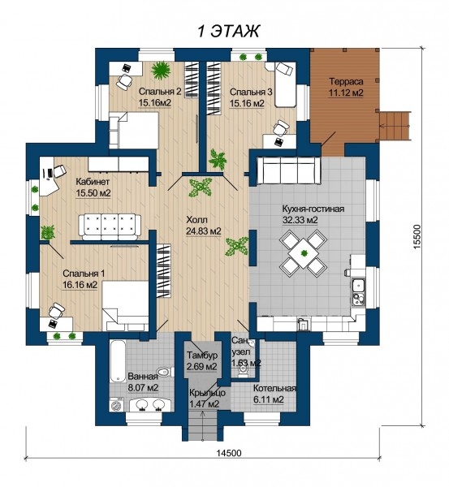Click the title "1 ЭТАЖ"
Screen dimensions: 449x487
[x=228, y=31]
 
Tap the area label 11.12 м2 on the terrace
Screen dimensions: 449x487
[x=346, y=93]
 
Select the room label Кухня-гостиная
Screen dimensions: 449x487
[x=313, y=209]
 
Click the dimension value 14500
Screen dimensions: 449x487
[x=229, y=453]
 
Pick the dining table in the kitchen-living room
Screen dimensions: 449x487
[x=303, y=252]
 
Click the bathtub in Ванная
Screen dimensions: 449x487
[x=118, y=361]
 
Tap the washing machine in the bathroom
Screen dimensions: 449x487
[x=117, y=405]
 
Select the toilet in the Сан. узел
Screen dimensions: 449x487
[x=243, y=371]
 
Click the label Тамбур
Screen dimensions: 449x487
[x=202, y=355]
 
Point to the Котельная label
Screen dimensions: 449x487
[x=274, y=389]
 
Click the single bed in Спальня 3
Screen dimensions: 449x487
[x=285, y=84]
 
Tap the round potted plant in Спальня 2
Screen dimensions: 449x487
[x=161, y=70]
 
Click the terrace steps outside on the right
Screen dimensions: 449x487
[x=395, y=126]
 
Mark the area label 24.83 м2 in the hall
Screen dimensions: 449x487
[x=203, y=231]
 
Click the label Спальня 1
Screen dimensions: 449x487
[x=84, y=274]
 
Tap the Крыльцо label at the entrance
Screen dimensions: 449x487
[x=207, y=393]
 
